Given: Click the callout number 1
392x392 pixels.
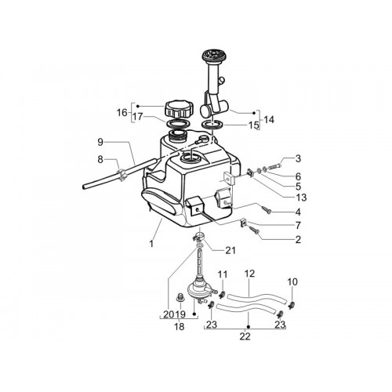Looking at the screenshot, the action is click(x=151, y=244).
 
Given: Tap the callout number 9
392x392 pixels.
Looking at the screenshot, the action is click(x=100, y=143).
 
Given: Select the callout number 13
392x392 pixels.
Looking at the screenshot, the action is click(x=301, y=198).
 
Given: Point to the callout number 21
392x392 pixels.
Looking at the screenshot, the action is click(x=230, y=251).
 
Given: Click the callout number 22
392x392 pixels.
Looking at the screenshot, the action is click(x=245, y=336).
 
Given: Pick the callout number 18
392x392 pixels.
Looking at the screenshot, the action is click(x=180, y=326).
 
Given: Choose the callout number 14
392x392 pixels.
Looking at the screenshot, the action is click(x=269, y=120).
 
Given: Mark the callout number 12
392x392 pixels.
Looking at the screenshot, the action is click(x=249, y=274).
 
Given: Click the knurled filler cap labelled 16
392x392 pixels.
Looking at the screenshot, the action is click(x=180, y=110).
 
